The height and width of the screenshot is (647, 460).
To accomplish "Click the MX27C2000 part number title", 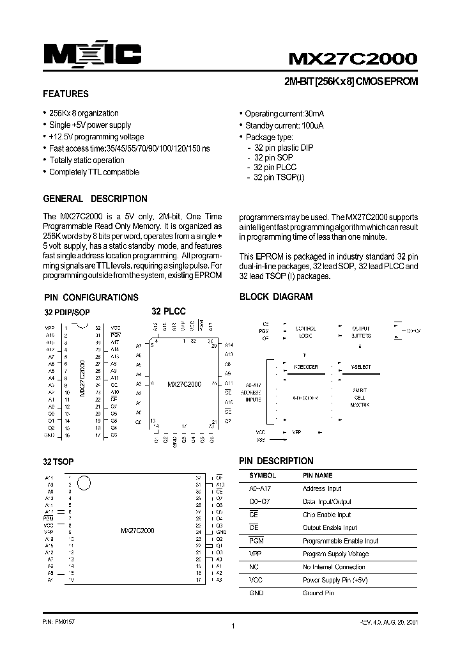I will [x=353, y=59].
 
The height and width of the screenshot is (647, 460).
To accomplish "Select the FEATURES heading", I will [x=65, y=94].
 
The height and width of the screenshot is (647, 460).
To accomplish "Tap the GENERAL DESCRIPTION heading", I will [x=95, y=199].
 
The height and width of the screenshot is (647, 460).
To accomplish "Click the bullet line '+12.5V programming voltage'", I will [x=96, y=137].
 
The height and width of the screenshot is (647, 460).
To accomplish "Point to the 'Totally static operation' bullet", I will [x=87, y=160].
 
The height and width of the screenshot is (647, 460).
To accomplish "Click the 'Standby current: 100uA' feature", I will [x=284, y=126].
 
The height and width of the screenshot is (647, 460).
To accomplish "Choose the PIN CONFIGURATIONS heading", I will [x=91, y=297].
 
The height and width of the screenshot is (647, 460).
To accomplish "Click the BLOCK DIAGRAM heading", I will [x=276, y=297].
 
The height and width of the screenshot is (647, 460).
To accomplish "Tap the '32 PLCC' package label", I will [x=168, y=311].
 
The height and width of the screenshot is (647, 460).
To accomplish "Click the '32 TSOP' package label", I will [x=59, y=462].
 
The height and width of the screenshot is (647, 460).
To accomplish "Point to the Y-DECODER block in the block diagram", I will [x=305, y=368].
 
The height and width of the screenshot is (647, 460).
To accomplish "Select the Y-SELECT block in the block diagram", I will [x=361, y=368].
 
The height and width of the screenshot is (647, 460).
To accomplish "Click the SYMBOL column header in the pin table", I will [x=262, y=476].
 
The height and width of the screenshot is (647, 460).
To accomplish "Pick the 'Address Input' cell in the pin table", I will [x=322, y=489].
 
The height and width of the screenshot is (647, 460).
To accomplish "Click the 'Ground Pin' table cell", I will [x=318, y=593].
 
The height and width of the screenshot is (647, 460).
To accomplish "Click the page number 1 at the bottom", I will [x=234, y=627].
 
